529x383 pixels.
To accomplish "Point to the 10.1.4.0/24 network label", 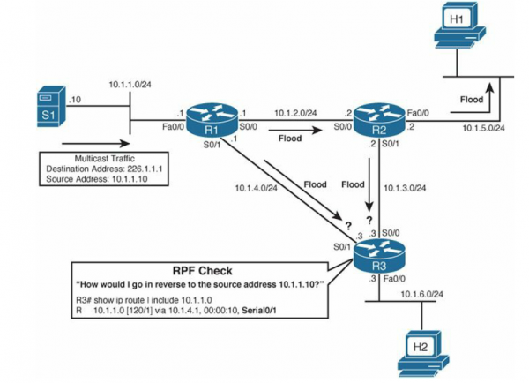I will click(257, 188).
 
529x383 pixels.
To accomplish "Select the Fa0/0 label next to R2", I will click(418, 112).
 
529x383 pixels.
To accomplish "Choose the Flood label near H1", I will click(472, 100).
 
